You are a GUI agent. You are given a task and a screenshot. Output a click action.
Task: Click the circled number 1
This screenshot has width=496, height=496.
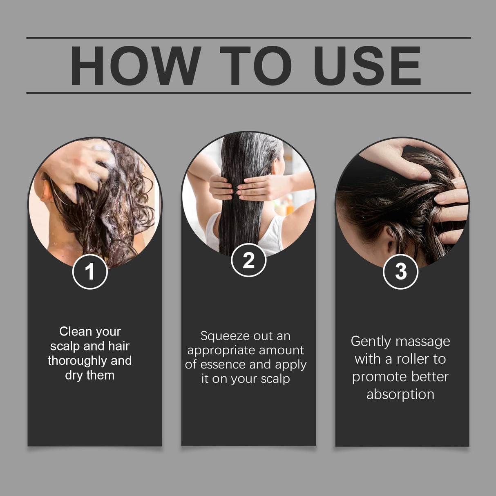click(90, 272)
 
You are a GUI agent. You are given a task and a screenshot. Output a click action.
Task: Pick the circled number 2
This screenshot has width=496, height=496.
click(248, 260)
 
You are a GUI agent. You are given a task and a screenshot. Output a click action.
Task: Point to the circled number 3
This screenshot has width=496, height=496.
click(400, 271)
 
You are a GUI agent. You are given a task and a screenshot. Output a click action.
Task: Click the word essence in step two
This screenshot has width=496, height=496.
click(222, 364)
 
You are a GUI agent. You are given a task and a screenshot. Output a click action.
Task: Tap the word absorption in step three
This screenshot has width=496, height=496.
click(400, 394)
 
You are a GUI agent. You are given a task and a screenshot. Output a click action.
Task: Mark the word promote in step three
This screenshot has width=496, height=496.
click(376, 377)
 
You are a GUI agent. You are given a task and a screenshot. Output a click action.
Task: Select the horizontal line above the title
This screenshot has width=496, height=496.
click(248, 38)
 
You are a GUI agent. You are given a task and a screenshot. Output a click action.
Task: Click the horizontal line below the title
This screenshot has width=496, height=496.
click(248, 93)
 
